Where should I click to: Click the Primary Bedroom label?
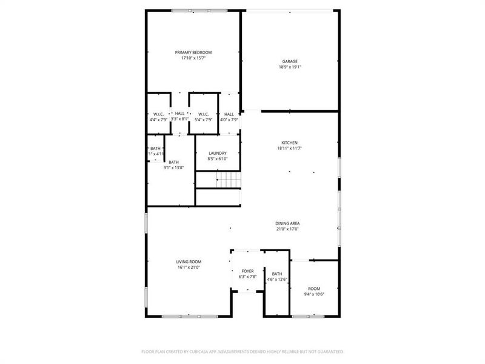pyautogui.click(x=193, y=53)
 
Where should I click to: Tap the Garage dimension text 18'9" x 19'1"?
pyautogui.click(x=290, y=67)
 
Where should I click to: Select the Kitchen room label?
pyautogui.click(x=289, y=143)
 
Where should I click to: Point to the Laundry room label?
pyautogui.click(x=218, y=153)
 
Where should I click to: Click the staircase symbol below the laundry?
pyautogui.click(x=229, y=180)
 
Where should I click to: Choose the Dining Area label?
pyautogui.click(x=287, y=223)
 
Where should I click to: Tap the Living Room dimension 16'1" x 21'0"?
pyautogui.click(x=189, y=267)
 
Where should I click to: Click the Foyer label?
pyautogui.click(x=247, y=271)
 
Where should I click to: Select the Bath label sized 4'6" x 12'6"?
pyautogui.click(x=277, y=274)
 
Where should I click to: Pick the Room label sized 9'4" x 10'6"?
pyautogui.click(x=314, y=289)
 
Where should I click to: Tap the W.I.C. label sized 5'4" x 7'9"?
pyautogui.click(x=202, y=114)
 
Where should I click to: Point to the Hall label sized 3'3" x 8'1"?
pyautogui.click(x=179, y=113)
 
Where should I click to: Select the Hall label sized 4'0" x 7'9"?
pyautogui.click(x=229, y=114)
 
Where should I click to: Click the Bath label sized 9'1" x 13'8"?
pyautogui.click(x=173, y=162)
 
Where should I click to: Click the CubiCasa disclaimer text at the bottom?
pyautogui.click(x=242, y=351)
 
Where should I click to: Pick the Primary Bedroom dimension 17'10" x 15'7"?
pyautogui.click(x=193, y=58)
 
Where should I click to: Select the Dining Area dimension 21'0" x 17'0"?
pyautogui.click(x=287, y=229)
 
